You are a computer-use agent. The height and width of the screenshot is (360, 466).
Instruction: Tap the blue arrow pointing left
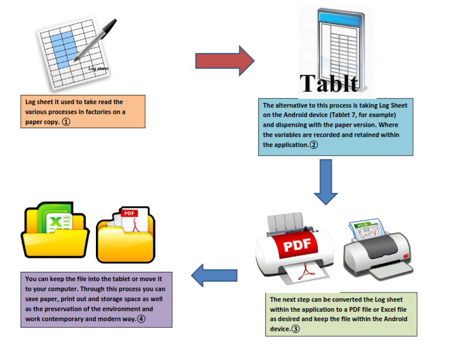pos(215,275)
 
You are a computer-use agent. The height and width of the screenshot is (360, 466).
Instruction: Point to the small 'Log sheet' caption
pos(98,69)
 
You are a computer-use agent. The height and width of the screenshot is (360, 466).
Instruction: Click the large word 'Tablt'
pos(329,83)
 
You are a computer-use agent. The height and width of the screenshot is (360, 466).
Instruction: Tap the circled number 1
pos(66,122)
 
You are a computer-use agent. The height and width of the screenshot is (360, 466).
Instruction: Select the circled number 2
pos(314,145)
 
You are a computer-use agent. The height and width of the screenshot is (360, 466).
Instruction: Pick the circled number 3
pos(295,329)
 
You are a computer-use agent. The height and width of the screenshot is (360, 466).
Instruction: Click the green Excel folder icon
pos(55,226)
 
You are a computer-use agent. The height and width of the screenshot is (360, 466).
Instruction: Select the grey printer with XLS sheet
pos(374,247)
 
